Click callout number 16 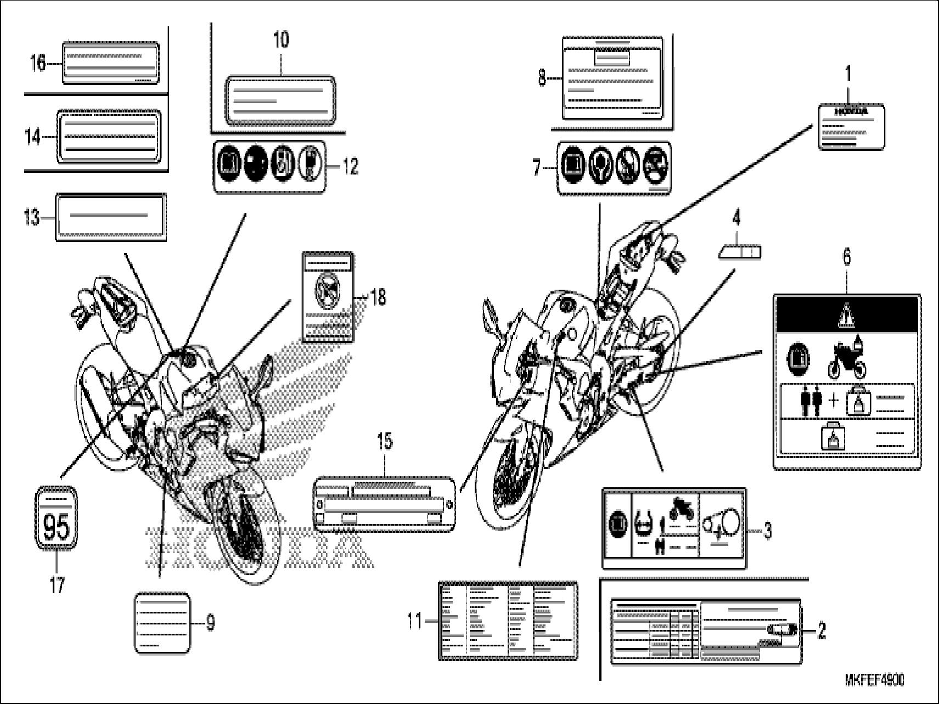click(x=38, y=64)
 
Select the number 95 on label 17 click(x=56, y=527)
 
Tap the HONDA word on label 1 click(x=851, y=111)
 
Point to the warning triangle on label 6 click(x=846, y=316)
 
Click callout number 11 click(x=415, y=621)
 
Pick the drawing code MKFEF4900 click(x=874, y=680)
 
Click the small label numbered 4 click(x=739, y=252)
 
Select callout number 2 click(x=821, y=631)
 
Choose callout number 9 click(x=210, y=623)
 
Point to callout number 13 click(x=32, y=218)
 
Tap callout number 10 click(x=281, y=40)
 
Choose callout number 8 click(x=542, y=78)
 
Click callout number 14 click(x=33, y=137)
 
